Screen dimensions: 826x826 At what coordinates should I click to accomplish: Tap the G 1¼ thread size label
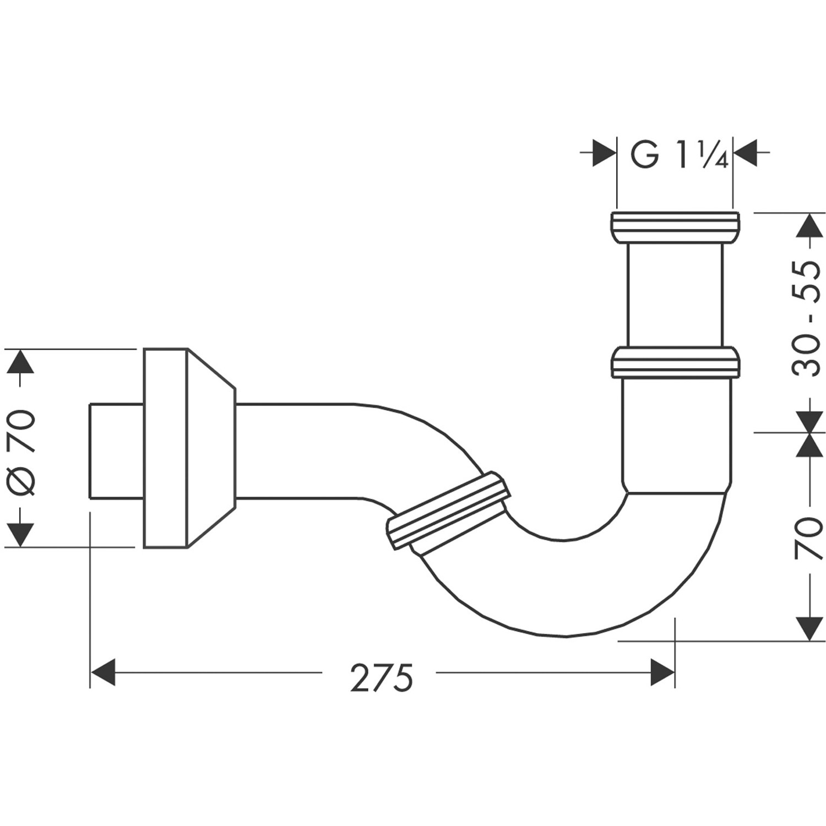678,156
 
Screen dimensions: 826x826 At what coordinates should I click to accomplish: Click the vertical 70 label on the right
808,537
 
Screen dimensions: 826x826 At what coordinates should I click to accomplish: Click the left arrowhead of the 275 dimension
102,672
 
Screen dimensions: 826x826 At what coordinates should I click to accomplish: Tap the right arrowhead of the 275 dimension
662,672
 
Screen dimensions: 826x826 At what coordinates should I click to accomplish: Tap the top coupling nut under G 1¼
675,227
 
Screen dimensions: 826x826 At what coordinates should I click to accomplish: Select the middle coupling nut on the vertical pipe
676,362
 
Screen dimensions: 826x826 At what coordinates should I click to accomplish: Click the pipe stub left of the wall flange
116,451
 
